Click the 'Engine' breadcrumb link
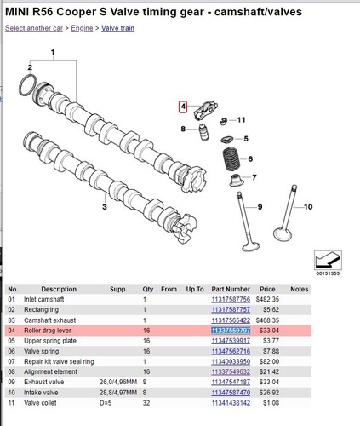[x=82, y=28]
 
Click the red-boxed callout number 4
[x=181, y=106]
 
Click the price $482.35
[x=270, y=299]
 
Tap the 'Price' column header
[x=270, y=289]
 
